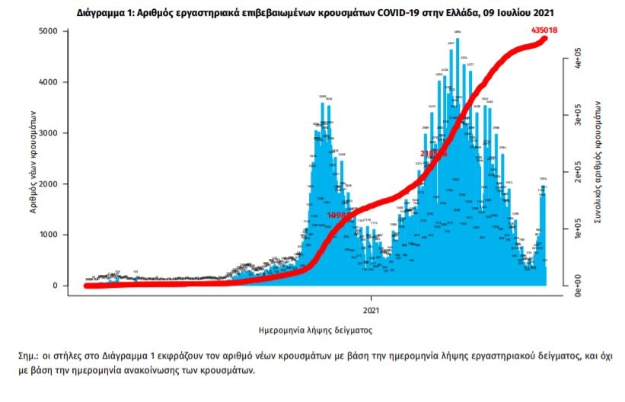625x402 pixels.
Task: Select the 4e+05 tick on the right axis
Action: pyautogui.click(x=579, y=59)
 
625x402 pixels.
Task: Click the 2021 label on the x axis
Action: pyautogui.click(x=371, y=310)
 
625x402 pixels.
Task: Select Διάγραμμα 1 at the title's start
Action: pyautogui.click(x=105, y=13)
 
